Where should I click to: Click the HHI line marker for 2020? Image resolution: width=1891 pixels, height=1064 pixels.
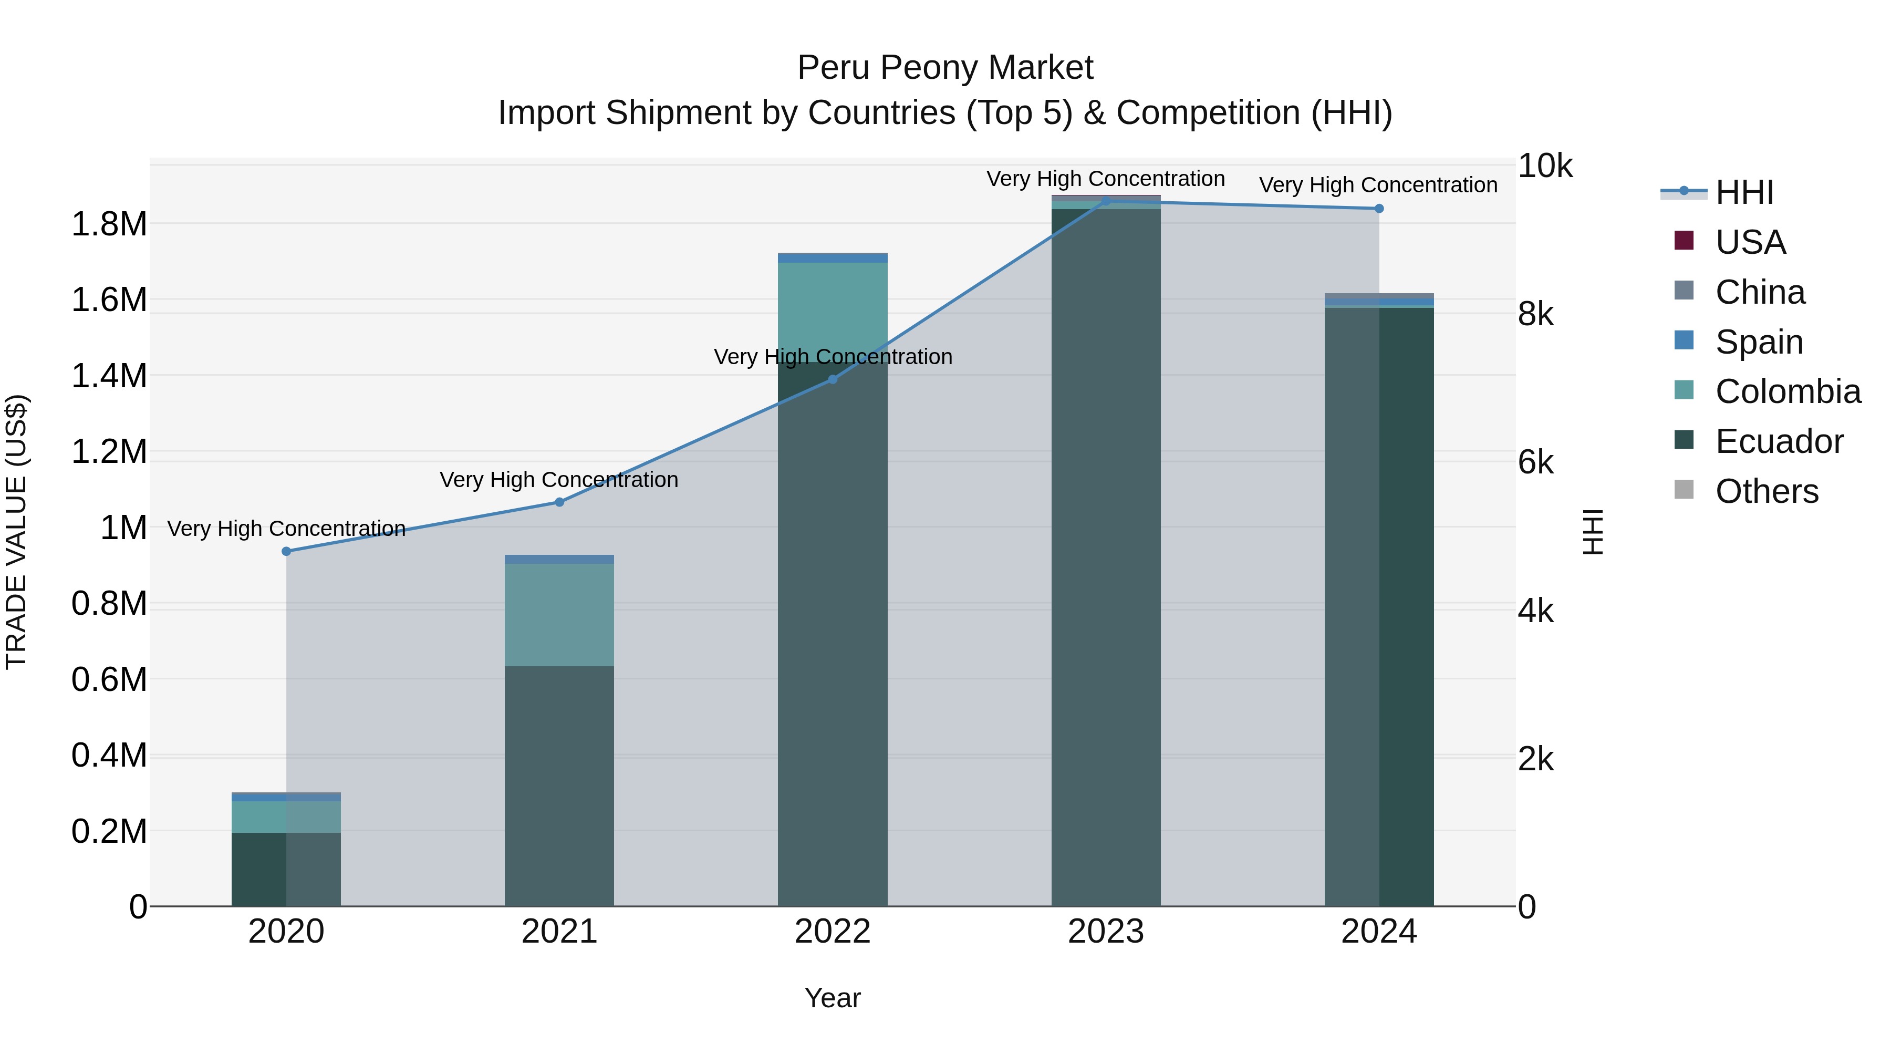click(286, 552)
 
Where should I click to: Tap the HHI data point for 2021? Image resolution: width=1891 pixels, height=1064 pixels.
click(559, 502)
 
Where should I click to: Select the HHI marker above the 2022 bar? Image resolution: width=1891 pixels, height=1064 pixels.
click(833, 380)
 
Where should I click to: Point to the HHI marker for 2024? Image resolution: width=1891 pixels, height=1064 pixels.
click(1379, 209)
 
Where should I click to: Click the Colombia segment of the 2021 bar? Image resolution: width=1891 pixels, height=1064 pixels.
click(559, 615)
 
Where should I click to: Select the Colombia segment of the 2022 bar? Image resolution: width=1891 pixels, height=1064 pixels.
click(833, 308)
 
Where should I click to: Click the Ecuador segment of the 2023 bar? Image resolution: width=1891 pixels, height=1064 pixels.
click(1106, 558)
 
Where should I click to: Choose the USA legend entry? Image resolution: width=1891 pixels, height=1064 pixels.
click(1750, 242)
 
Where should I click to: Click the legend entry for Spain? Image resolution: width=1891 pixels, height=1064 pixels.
click(1759, 342)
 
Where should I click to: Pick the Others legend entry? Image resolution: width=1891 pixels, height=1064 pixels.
click(1766, 491)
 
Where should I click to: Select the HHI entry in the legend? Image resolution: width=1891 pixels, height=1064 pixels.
click(1744, 192)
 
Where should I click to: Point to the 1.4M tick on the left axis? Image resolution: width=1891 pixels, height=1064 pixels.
click(109, 376)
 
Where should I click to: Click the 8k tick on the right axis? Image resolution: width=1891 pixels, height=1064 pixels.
click(1536, 314)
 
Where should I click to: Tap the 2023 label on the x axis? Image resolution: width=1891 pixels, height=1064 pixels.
click(1106, 932)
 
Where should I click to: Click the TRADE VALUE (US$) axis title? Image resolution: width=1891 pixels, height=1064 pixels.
click(16, 532)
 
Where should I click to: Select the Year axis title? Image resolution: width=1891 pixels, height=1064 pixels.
click(833, 998)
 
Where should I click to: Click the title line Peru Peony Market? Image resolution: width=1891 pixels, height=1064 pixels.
click(945, 68)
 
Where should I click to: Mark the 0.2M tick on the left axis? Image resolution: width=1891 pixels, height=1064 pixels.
click(109, 832)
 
